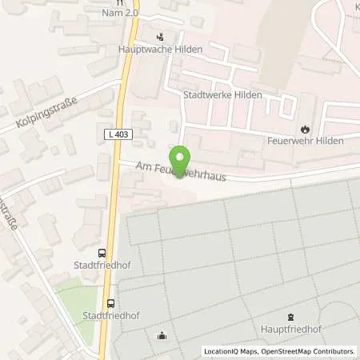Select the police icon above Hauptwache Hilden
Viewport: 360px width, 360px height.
tap(160, 36)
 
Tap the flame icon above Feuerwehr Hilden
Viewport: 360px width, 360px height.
tap(304, 128)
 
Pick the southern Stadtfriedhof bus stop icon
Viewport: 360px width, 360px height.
tap(110, 303)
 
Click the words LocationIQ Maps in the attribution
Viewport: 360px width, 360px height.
tap(229, 351)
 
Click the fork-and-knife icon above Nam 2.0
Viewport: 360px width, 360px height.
tap(120, 3)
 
